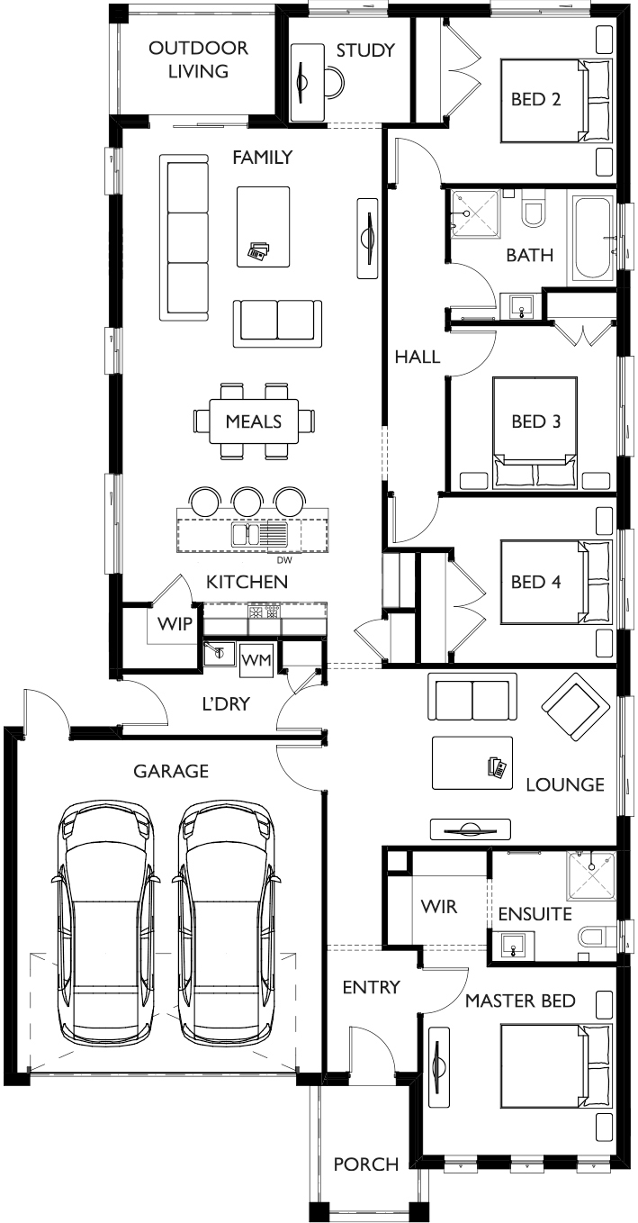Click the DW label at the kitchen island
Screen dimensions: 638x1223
(x=284, y=559)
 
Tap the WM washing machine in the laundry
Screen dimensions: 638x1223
(x=256, y=660)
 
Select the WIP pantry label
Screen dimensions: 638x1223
(x=175, y=623)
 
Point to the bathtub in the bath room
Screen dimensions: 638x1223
(x=593, y=238)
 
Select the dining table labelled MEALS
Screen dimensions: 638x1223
(x=254, y=421)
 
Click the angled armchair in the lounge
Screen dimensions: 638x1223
(x=575, y=707)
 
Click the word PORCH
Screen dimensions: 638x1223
(x=365, y=1164)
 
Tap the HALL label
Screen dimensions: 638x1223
(x=418, y=357)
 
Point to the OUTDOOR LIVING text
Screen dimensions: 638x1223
(x=198, y=59)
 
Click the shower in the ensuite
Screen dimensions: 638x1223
(x=591, y=875)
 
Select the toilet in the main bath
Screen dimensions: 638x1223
(x=534, y=207)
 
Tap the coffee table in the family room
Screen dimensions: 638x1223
(x=263, y=227)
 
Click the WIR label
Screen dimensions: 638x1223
(x=439, y=906)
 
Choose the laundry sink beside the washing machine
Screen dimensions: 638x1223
(x=219, y=652)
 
